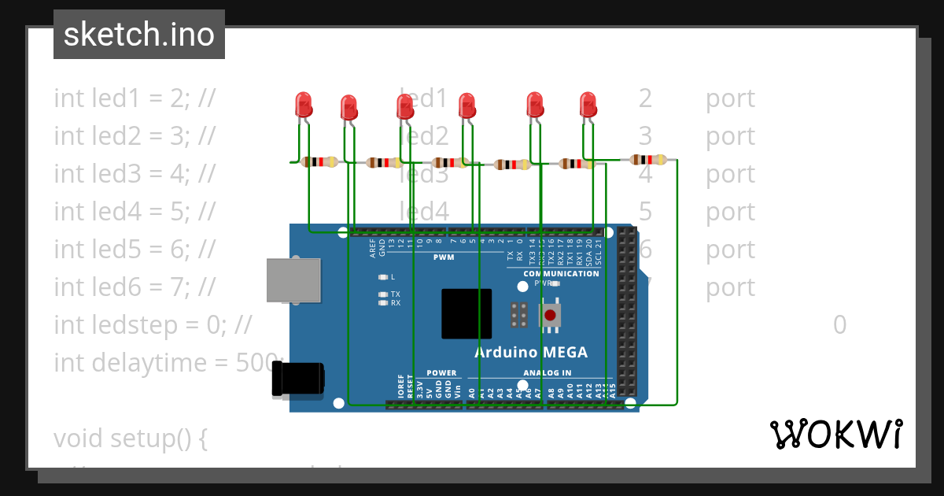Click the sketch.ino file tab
point(139,35)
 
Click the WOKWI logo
point(835,434)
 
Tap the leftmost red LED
point(303,104)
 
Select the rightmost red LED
point(588,104)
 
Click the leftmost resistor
point(319,162)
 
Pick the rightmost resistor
point(648,160)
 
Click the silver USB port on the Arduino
point(293,279)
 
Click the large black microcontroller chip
point(466,313)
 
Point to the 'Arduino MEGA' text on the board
point(530,352)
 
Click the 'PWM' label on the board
point(444,257)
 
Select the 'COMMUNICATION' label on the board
point(561,273)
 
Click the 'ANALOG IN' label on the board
point(547,372)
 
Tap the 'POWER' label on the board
point(441,372)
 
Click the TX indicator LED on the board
point(383,294)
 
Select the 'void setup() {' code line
point(130,438)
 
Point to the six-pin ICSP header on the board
point(518,315)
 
